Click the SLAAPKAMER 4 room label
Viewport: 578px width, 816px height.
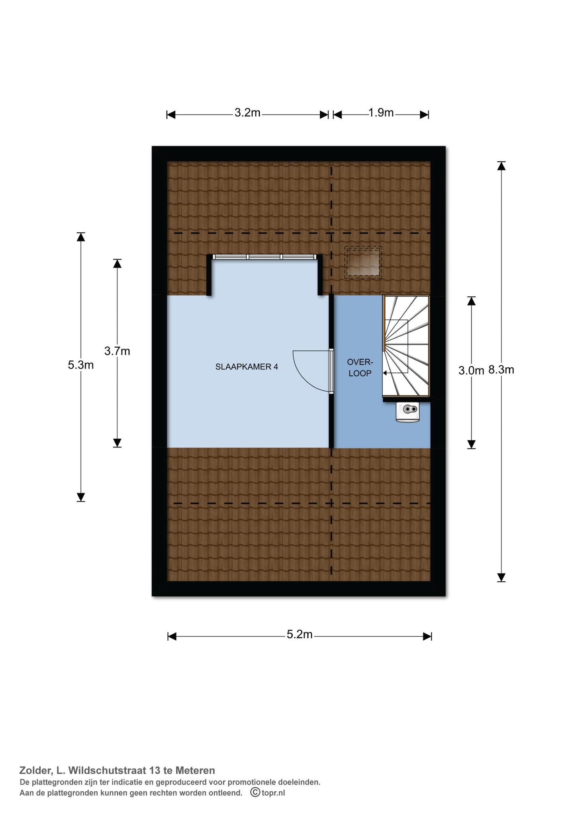pos(247,367)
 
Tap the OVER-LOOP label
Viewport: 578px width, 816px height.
pos(360,368)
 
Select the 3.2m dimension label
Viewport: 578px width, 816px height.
pos(247,113)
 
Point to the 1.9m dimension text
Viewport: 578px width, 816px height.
pos(381,113)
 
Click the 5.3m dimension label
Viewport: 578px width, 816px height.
pos(81,365)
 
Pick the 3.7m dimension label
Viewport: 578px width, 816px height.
pos(117,351)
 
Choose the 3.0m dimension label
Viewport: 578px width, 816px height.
pos(471,371)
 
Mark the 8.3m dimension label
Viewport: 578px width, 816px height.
pos(501,370)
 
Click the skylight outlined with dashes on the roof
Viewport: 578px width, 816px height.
pos(363,262)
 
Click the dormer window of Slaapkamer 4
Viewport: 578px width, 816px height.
pos(265,257)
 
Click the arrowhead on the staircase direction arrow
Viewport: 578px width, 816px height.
pos(385,373)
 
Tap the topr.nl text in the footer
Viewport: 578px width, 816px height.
pos(273,792)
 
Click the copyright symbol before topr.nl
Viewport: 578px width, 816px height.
pos(255,792)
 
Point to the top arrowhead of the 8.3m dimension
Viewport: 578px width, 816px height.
pos(501,166)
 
